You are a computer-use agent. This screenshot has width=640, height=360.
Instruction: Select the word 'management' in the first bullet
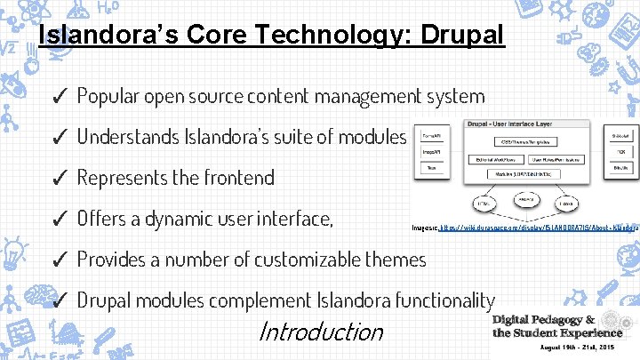click(361, 95)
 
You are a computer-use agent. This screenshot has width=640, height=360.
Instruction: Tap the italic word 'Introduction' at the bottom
click(320, 332)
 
